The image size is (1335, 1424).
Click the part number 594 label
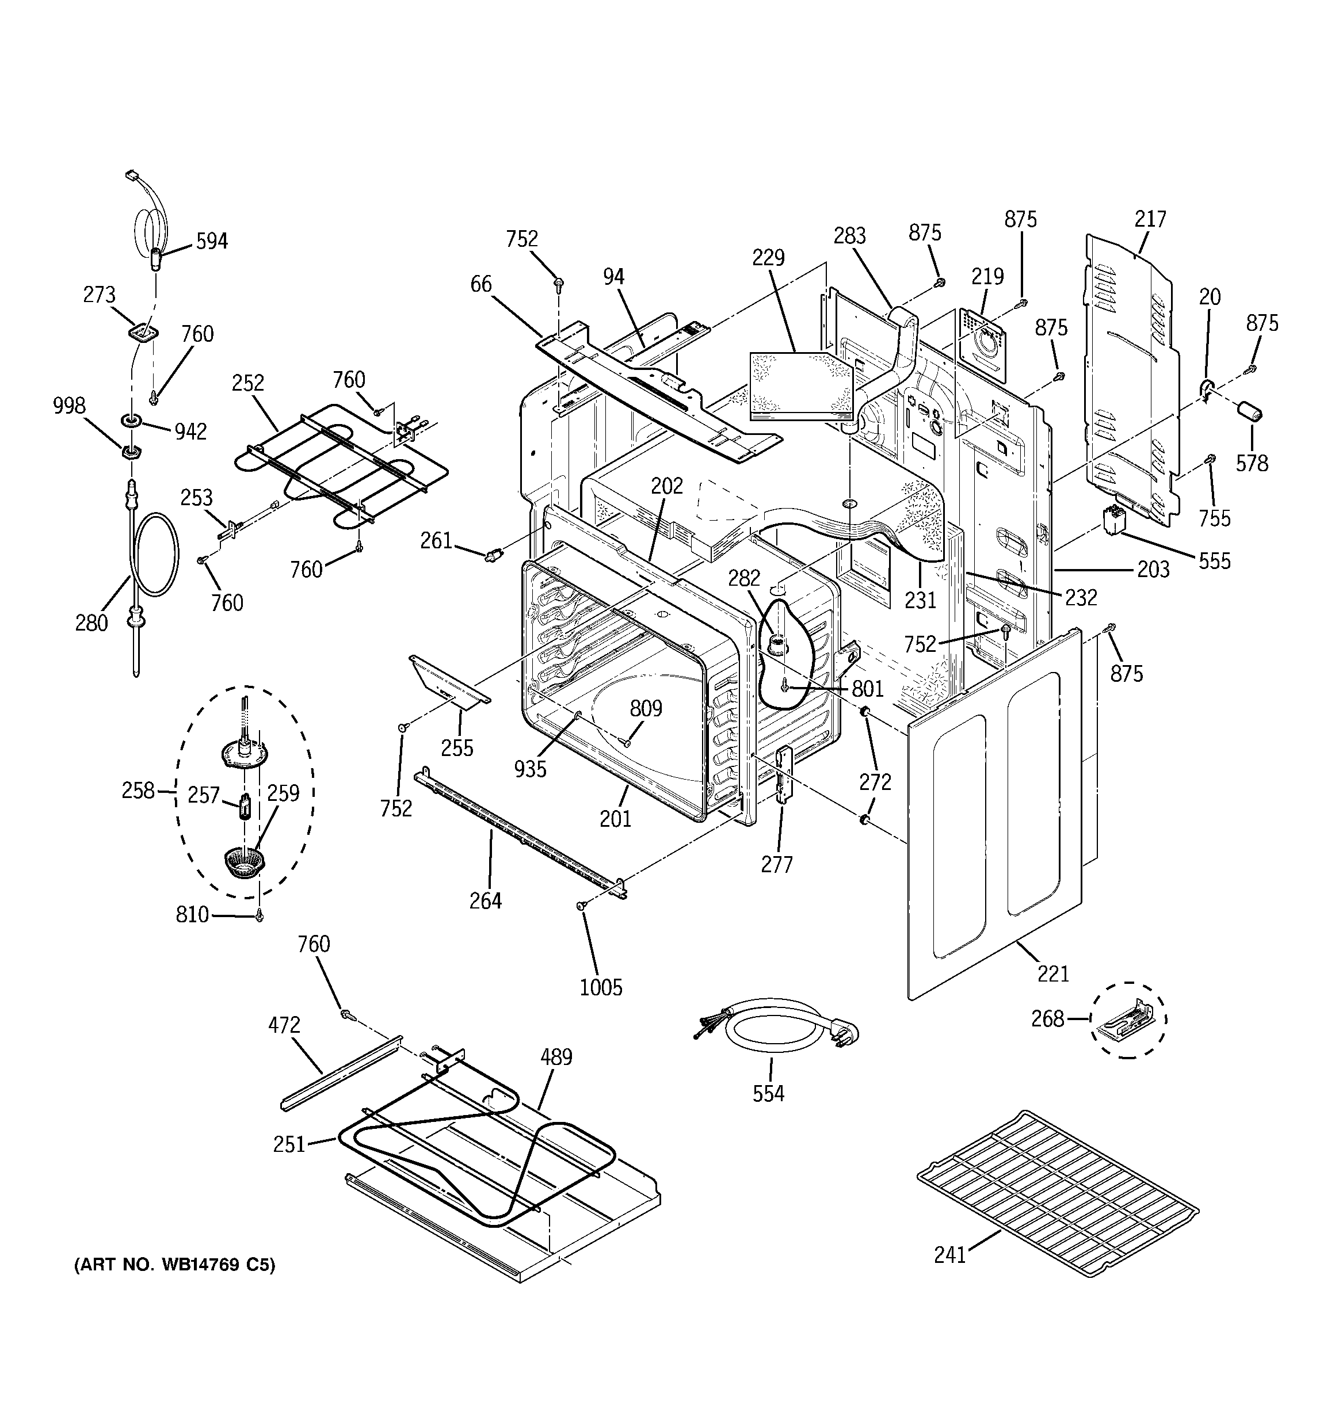coord(212,242)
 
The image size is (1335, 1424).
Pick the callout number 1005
coord(601,988)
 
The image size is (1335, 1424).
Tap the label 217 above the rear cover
coord(1150,219)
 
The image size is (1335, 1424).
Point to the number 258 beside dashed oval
coord(138,791)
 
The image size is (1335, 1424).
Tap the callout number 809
coord(646,708)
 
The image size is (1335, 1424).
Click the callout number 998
coord(70,406)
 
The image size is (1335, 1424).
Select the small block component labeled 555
coord(1113,521)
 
